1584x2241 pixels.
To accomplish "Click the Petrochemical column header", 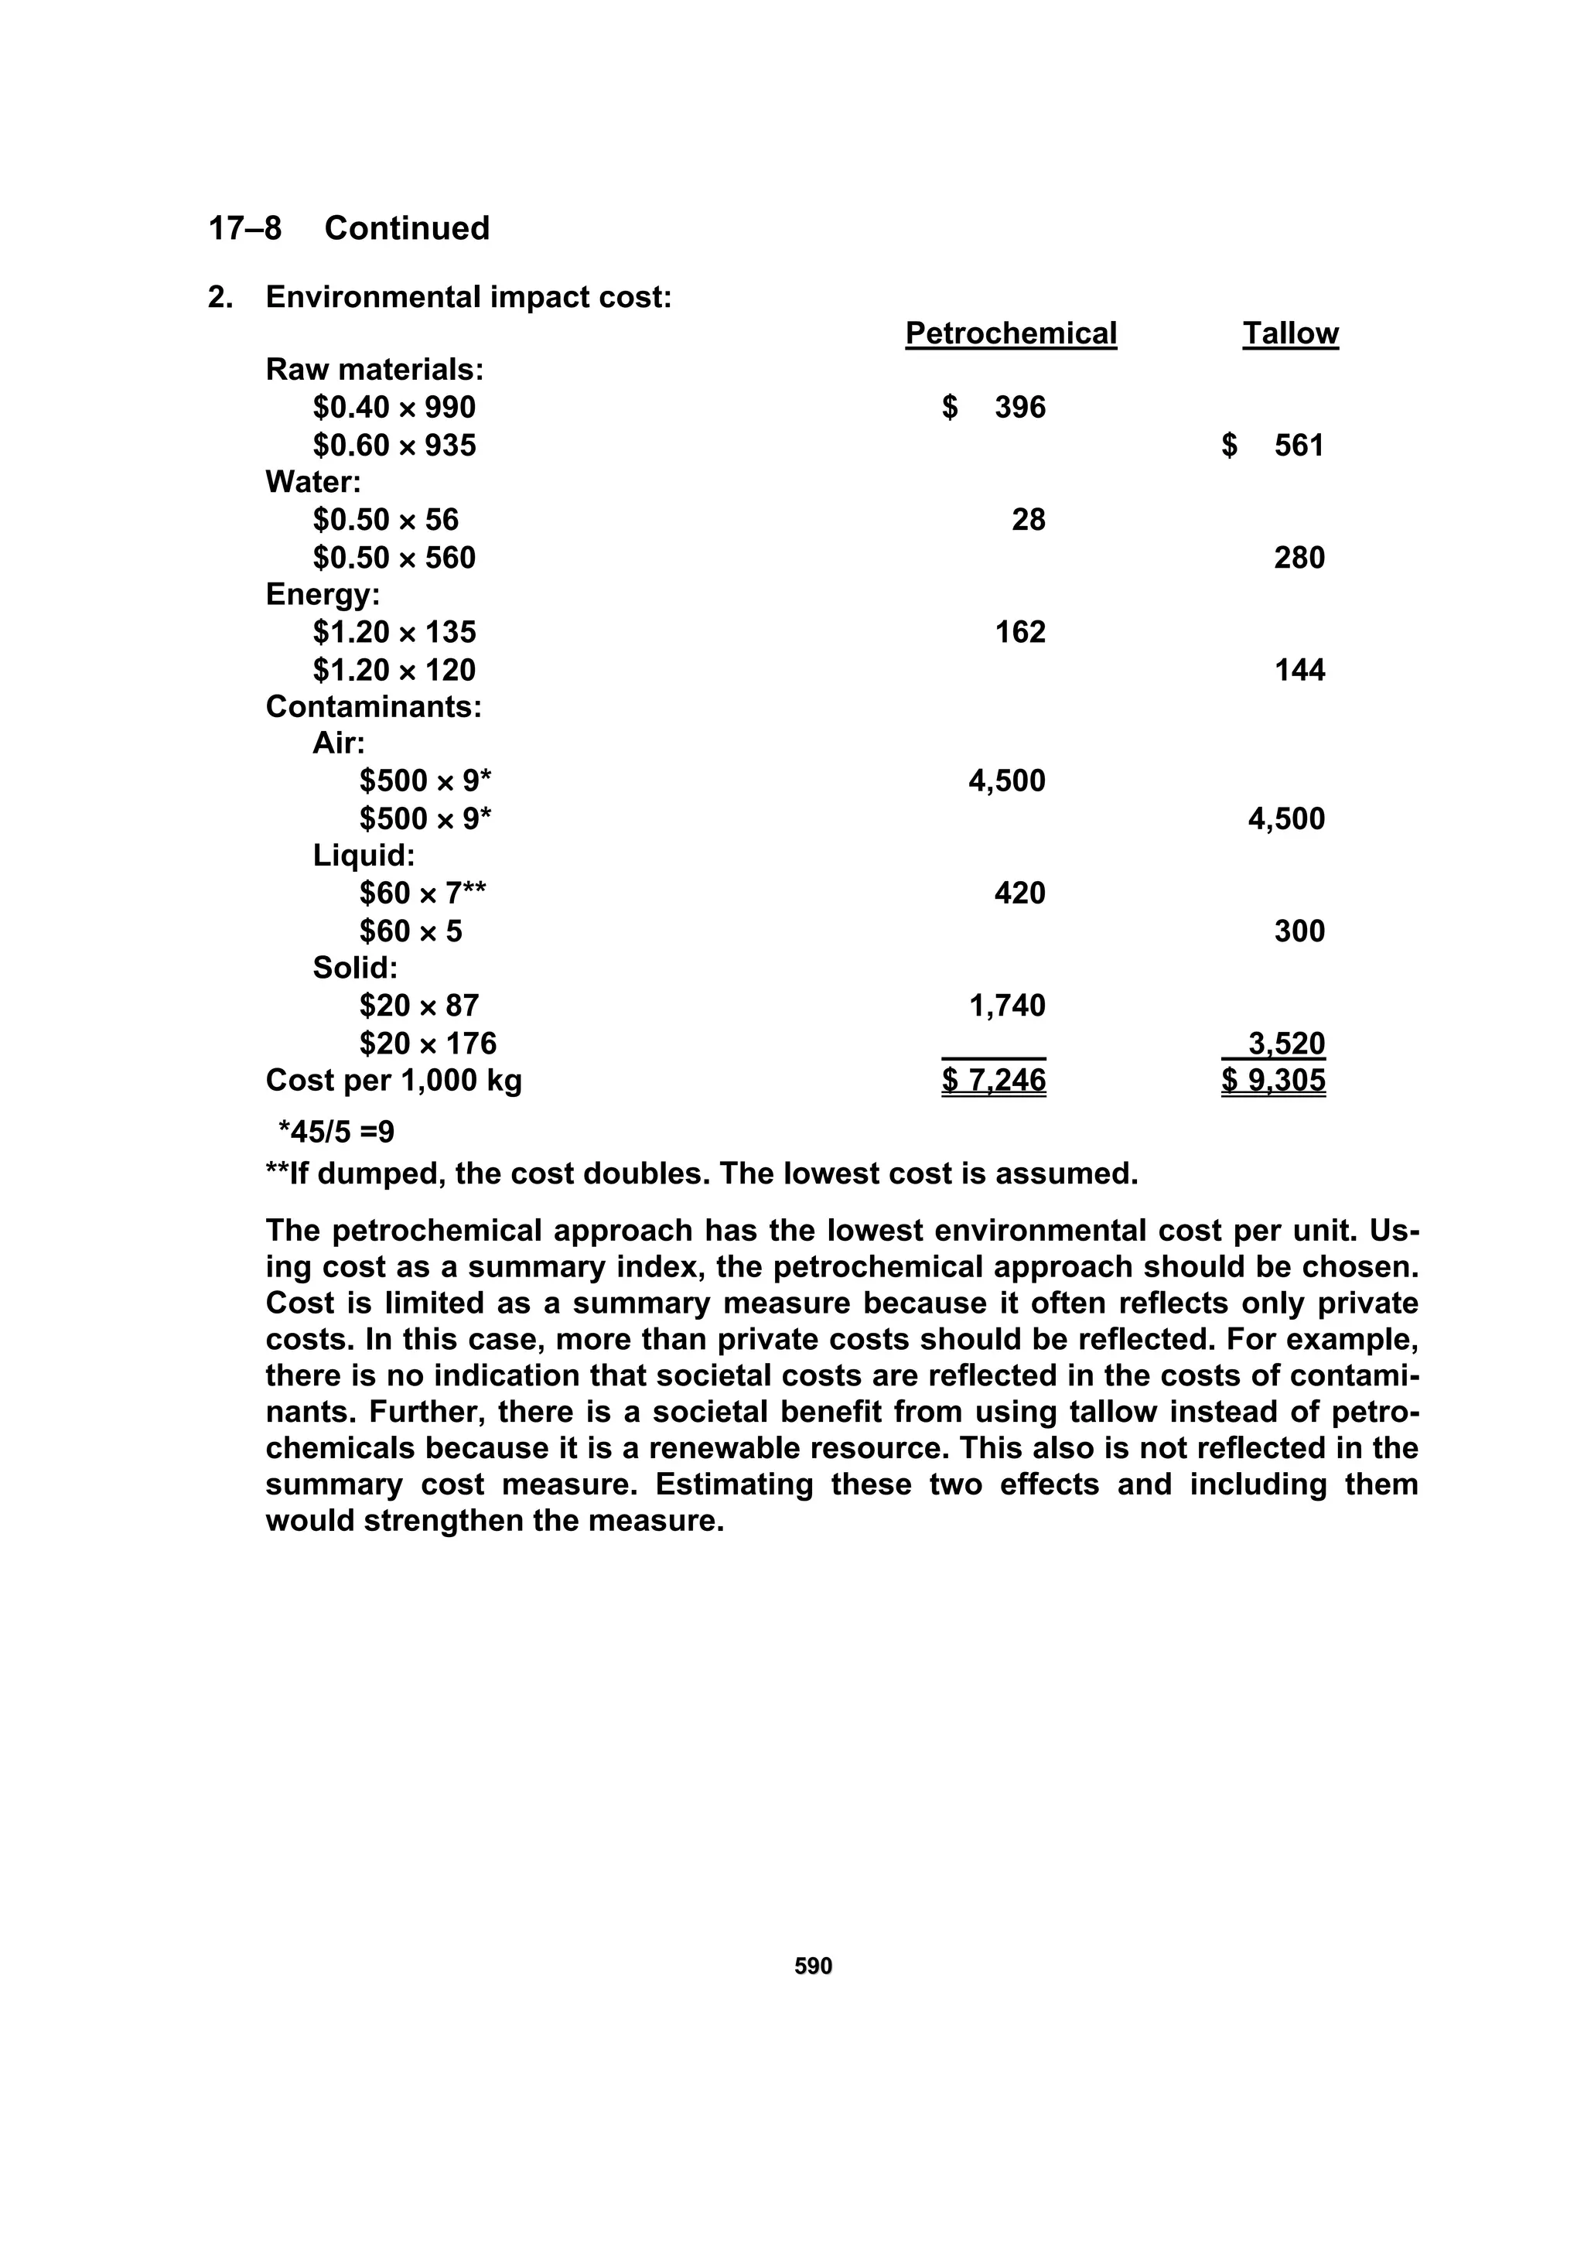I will [x=1010, y=334].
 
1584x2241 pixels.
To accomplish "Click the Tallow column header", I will [x=1289, y=334].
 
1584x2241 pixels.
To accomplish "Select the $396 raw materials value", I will [x=994, y=407].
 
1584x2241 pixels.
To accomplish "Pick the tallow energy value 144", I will [x=1299, y=670].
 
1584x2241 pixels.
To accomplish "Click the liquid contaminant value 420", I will [x=1020, y=893].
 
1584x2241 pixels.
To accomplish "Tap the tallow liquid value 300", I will [x=1299, y=931].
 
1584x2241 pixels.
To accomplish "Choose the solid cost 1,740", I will [x=1006, y=1006].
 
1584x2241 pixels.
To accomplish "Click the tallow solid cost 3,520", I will [x=1285, y=1044].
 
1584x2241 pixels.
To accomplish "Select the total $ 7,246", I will [x=994, y=1081].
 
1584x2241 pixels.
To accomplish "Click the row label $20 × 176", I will [x=428, y=1044].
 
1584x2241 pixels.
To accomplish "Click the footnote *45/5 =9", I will [x=336, y=1132].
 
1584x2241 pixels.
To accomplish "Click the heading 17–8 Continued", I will [x=348, y=228].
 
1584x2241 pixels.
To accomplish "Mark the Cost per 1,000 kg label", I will [x=394, y=1081].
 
